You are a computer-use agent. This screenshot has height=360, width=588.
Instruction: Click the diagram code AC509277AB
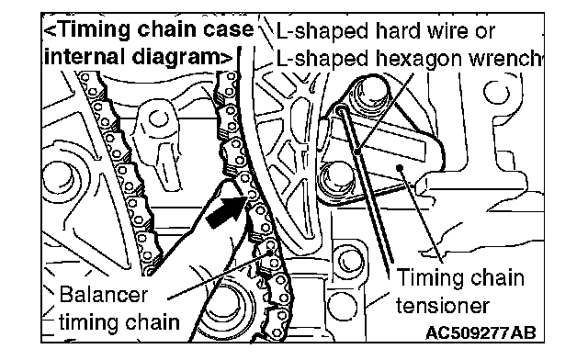(481, 332)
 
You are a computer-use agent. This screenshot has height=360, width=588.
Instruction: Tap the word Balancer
(104, 295)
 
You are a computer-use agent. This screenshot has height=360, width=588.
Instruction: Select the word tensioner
(443, 305)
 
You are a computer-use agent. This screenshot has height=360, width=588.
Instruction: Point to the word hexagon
(417, 60)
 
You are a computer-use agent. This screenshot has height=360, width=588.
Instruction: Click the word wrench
(503, 58)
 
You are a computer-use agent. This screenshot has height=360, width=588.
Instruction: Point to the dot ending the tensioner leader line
(401, 167)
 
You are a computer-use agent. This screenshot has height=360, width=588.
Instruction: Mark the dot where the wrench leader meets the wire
(357, 152)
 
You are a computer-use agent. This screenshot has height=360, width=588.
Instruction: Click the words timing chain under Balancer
(119, 323)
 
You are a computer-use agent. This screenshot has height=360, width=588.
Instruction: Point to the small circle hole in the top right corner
(496, 92)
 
